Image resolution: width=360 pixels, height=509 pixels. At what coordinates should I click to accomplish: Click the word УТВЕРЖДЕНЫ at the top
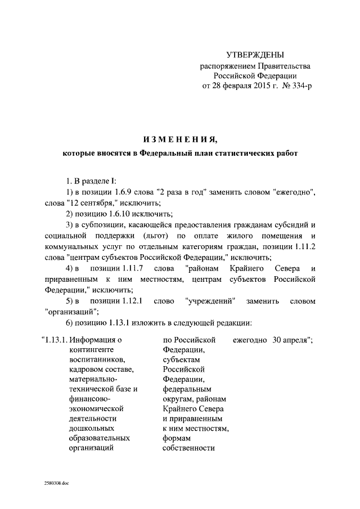(x=255, y=55)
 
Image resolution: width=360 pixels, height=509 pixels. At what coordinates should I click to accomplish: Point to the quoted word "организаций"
(x=64, y=312)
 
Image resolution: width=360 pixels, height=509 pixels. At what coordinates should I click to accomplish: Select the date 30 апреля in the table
(x=288, y=340)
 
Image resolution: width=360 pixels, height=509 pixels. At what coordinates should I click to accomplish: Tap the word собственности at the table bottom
(x=189, y=448)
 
